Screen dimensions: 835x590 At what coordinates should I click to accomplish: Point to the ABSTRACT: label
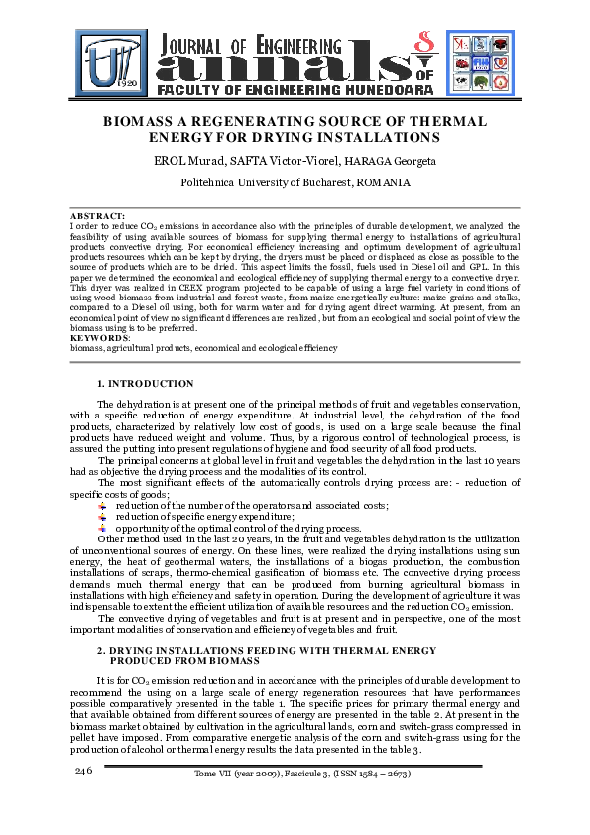[97, 216]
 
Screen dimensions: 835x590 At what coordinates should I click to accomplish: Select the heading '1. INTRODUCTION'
[145, 383]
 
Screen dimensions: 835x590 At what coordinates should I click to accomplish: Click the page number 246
[83, 771]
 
